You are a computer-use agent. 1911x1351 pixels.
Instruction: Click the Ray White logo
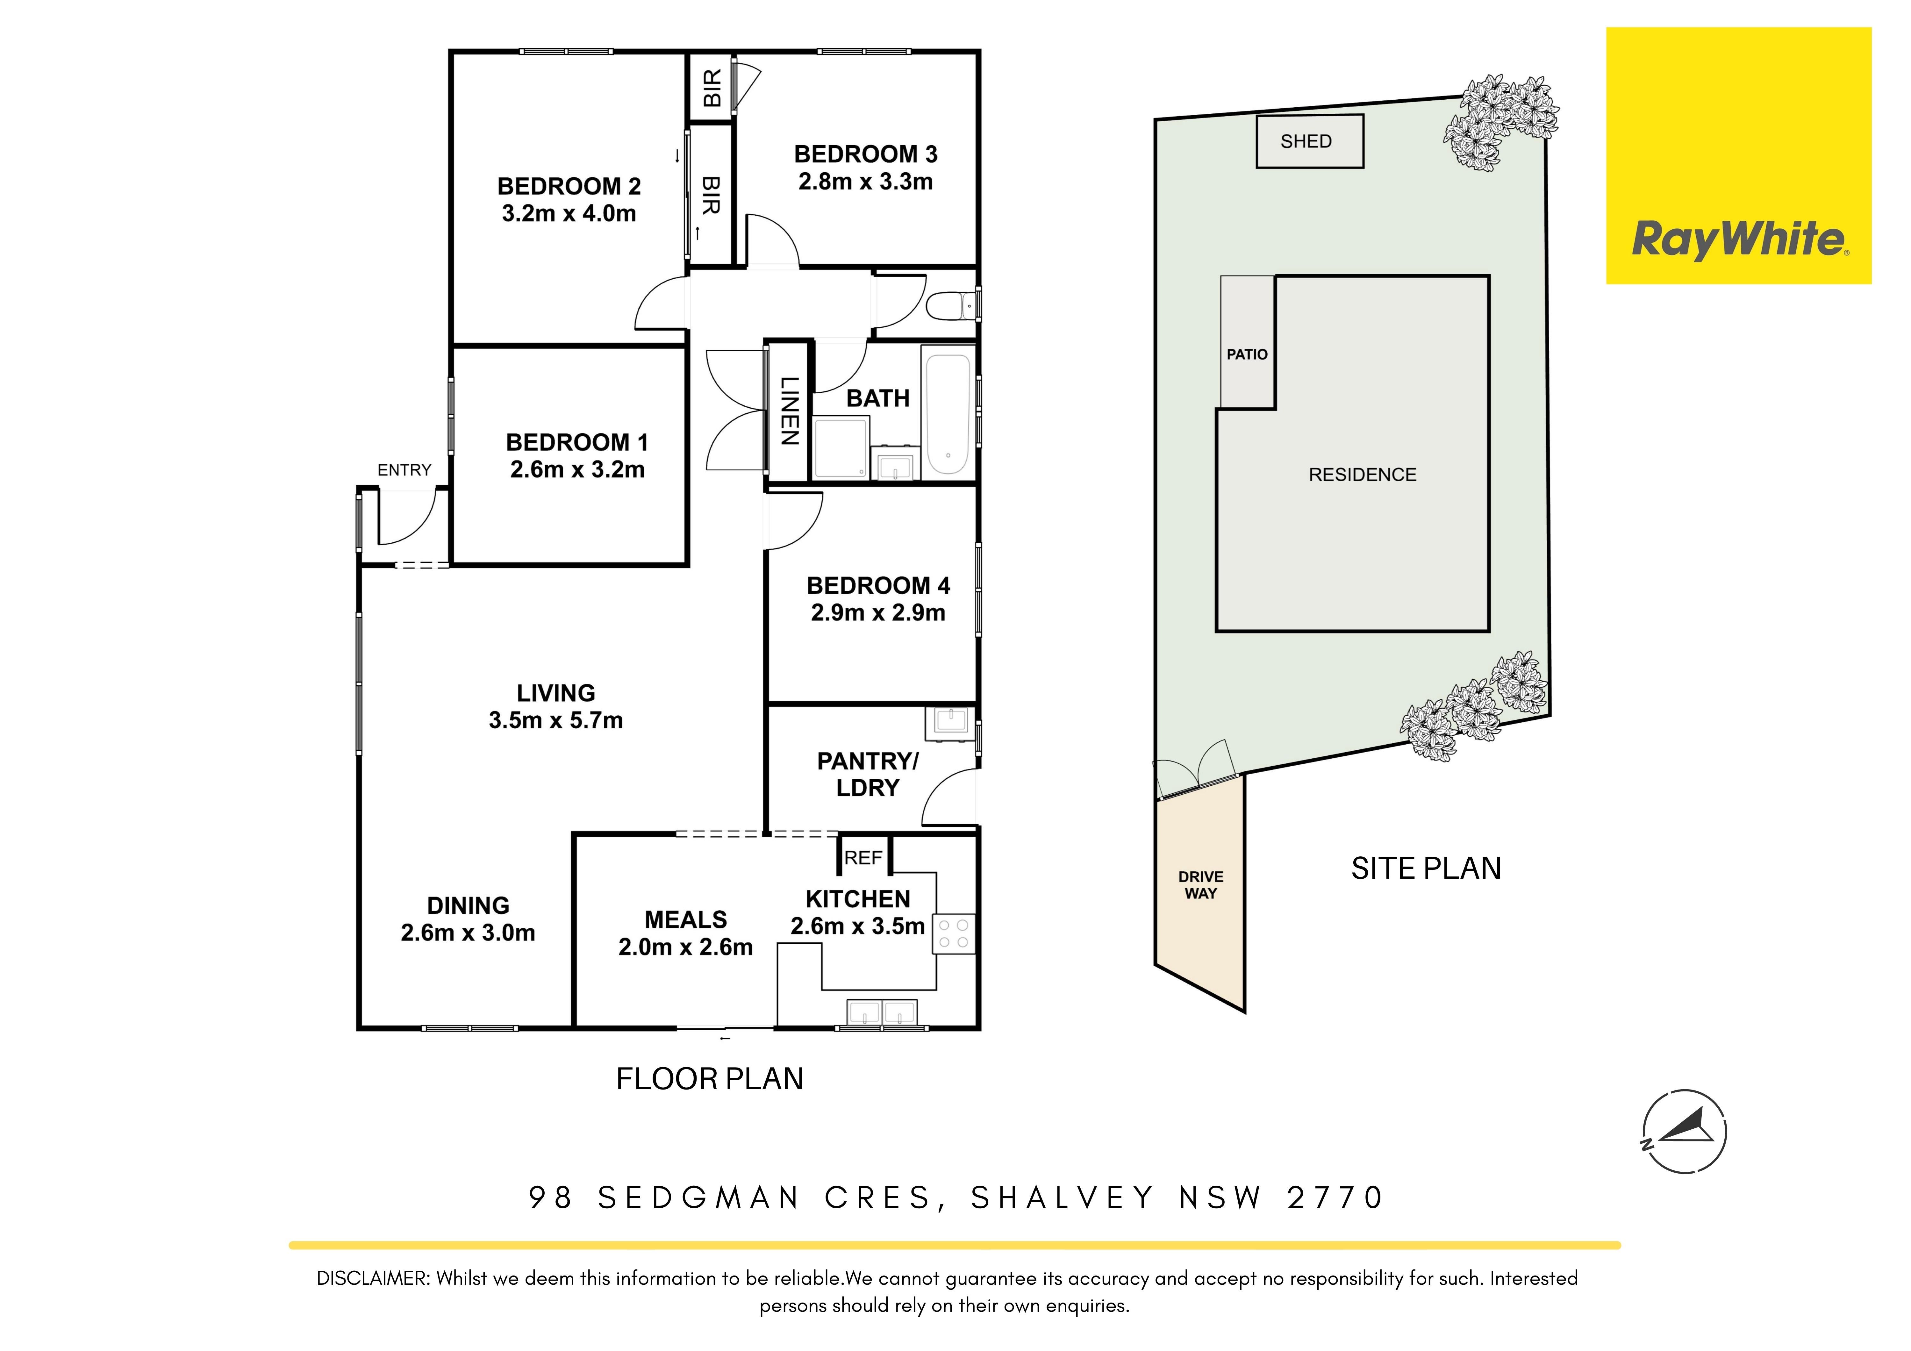(1739, 156)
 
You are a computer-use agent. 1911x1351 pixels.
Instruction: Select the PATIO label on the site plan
(1247, 354)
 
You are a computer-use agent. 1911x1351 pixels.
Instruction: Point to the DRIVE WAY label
(1200, 885)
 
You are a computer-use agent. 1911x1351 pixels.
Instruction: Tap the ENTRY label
(404, 470)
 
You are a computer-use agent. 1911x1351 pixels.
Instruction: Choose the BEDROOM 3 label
(866, 154)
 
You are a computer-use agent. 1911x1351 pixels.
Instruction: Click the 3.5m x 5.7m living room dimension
(556, 720)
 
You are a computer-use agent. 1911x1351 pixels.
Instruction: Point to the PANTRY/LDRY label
(868, 774)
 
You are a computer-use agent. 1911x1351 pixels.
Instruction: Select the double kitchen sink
(881, 1011)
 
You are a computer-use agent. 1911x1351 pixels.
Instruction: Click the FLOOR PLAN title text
(710, 1079)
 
